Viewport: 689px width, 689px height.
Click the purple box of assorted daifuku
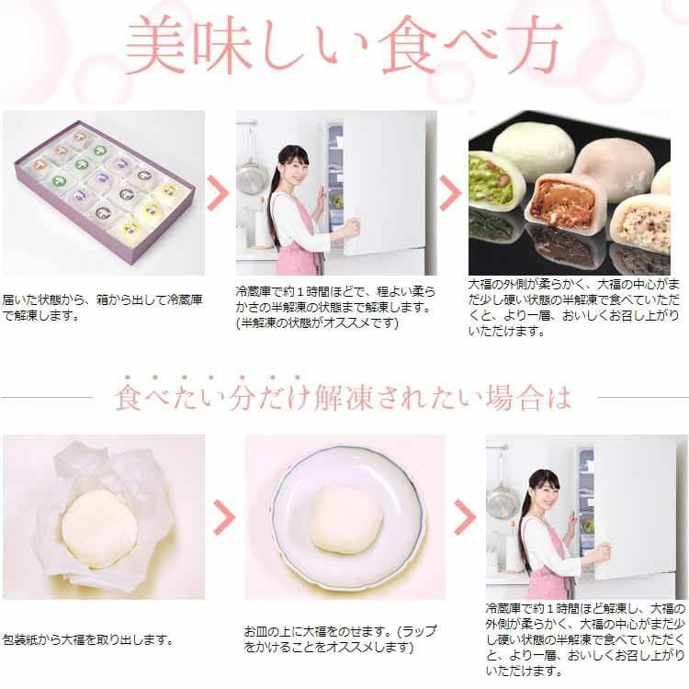pyautogui.click(x=102, y=194)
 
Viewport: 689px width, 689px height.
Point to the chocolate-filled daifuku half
pyautogui.click(x=562, y=201)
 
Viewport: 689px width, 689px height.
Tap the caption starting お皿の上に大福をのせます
pyautogui.click(x=340, y=639)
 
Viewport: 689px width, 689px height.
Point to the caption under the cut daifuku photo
pyautogui.click(x=574, y=307)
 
